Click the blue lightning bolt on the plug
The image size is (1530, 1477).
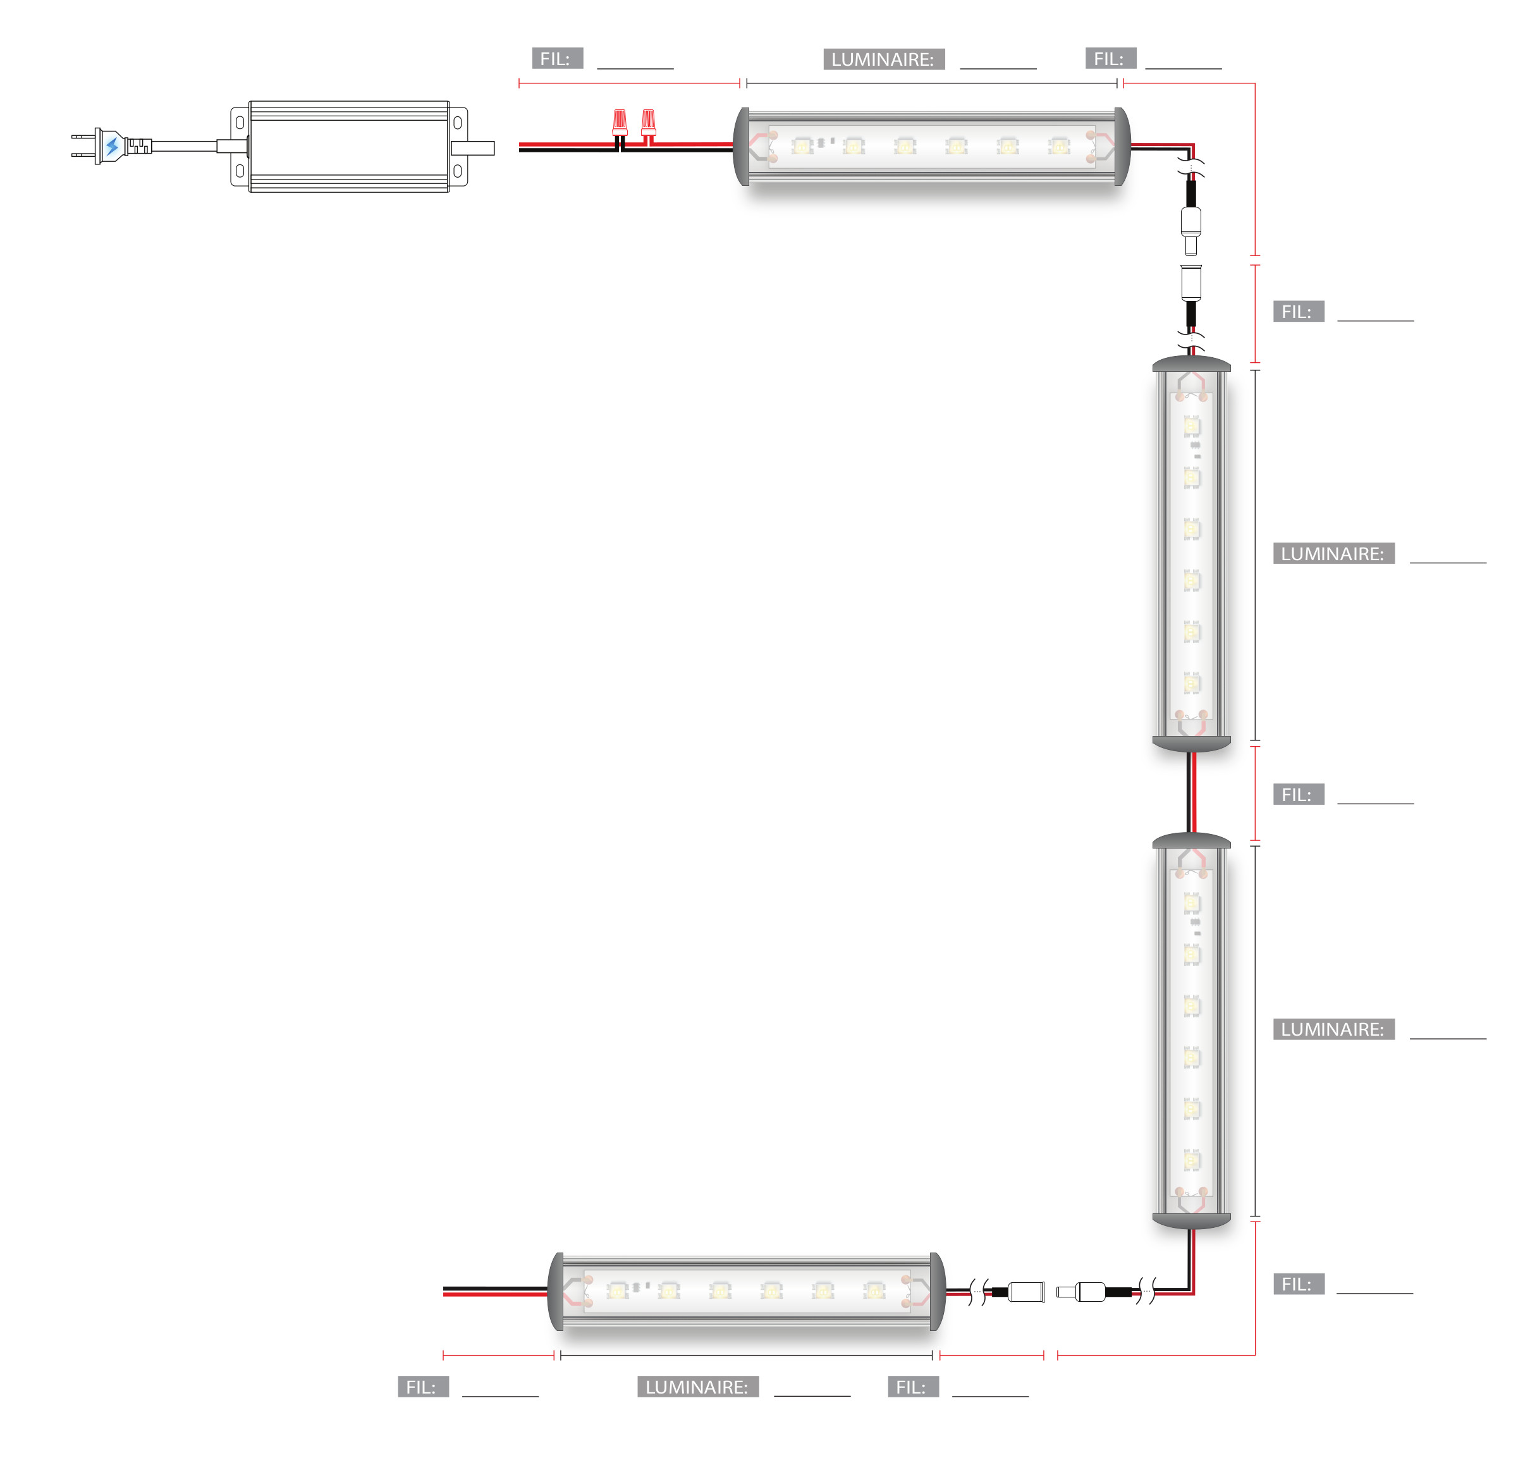[x=113, y=146]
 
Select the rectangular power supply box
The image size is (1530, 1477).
[x=349, y=146]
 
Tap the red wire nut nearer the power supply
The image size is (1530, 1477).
[x=620, y=123]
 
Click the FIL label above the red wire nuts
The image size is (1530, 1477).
[x=558, y=59]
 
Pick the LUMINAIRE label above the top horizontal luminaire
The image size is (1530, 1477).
[x=884, y=59]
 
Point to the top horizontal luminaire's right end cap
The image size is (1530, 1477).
[x=1122, y=147]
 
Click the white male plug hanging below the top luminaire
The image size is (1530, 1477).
[x=1190, y=230]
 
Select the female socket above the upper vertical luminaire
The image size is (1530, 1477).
[x=1190, y=282]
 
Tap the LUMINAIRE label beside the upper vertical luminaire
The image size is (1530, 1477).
[x=1334, y=553]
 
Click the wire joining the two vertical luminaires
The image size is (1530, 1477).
[x=1191, y=792]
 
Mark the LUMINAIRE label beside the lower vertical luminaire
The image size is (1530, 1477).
[x=1334, y=1029]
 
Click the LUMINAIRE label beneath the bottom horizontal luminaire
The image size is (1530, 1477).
[x=698, y=1387]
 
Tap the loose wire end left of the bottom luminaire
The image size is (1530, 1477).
[x=444, y=1291]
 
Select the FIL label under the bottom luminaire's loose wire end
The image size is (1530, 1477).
[x=423, y=1387]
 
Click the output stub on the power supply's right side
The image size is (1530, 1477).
[x=473, y=147]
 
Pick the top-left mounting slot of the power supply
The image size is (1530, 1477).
[x=240, y=123]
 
